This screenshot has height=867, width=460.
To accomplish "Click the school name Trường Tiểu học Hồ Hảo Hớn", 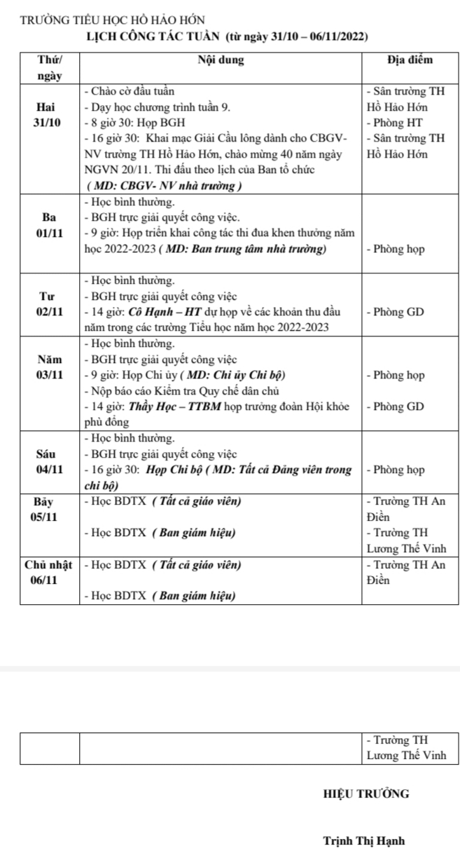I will (112, 21).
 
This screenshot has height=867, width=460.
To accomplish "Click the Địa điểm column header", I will (410, 60).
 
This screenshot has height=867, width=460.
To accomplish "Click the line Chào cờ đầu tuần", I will (130, 92).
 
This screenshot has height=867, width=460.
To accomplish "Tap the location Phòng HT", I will (391, 123).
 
